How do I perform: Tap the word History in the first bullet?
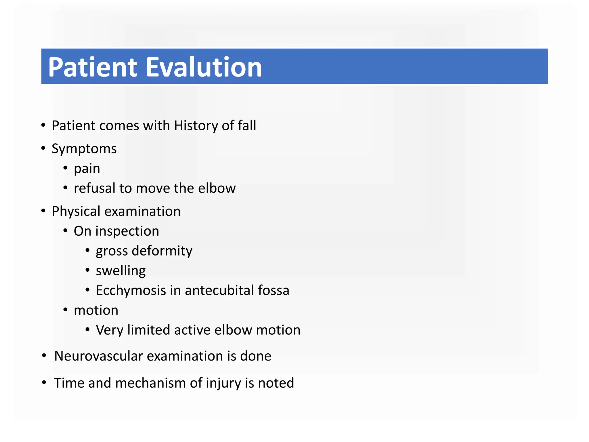pyautogui.click(x=196, y=126)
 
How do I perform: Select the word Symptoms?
pyautogui.click(x=84, y=149)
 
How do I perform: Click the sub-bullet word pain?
pyautogui.click(x=87, y=169)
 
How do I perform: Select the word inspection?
pyautogui.click(x=131, y=231)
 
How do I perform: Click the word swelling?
pyautogui.click(x=121, y=271)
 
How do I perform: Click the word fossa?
pyautogui.click(x=274, y=290)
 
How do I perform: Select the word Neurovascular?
pyautogui.click(x=99, y=356)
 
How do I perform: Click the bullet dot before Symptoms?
pyautogui.click(x=43, y=148)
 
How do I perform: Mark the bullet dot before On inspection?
pyautogui.click(x=65, y=230)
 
